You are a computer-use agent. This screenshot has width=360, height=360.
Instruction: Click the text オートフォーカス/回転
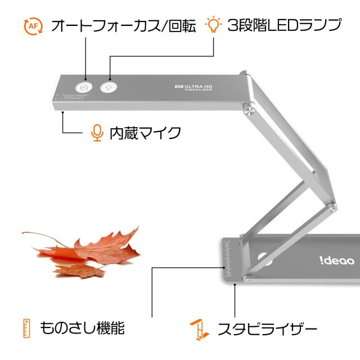coord(123,26)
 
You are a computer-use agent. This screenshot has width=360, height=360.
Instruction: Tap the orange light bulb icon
coord(213,25)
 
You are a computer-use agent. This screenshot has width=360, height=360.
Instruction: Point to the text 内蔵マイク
coord(145,133)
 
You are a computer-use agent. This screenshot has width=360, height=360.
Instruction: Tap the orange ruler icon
coord(26,327)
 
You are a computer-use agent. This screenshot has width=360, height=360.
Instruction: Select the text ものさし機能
coord(82,327)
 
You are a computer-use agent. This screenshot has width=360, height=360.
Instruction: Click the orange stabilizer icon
coord(196,328)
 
